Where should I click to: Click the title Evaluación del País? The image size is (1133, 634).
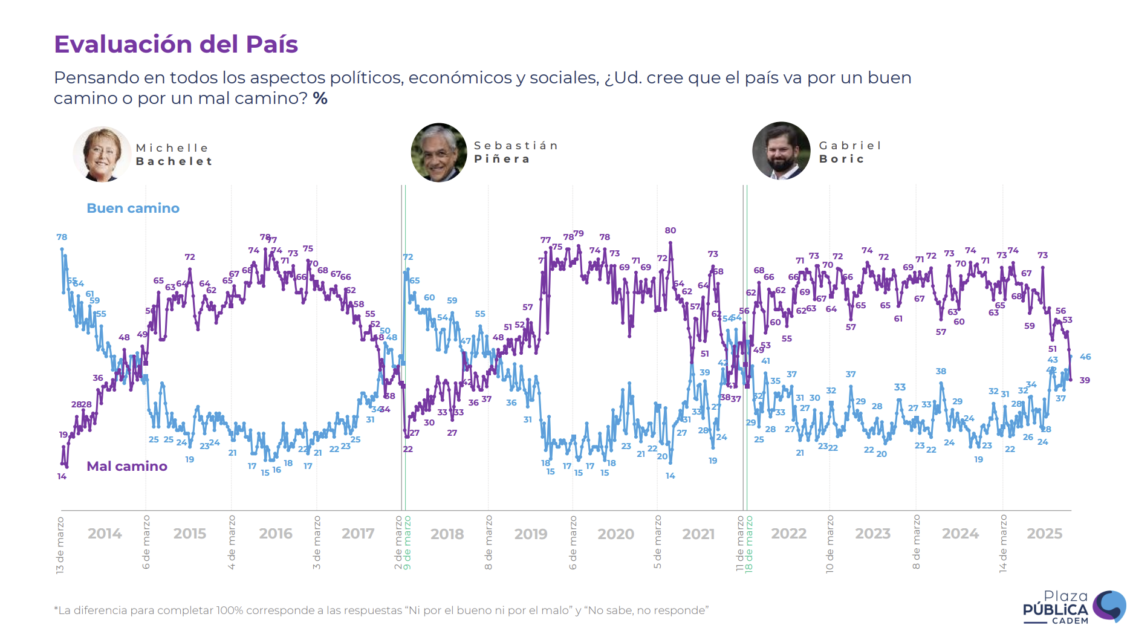(176, 45)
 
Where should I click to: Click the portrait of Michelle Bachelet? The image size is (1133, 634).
(102, 154)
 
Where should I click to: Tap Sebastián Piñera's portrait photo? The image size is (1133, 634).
(439, 153)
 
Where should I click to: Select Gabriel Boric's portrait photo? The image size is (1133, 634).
(781, 151)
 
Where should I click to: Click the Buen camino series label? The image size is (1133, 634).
(133, 209)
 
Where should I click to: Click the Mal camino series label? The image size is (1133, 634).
(127, 467)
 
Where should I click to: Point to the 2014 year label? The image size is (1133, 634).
(105, 534)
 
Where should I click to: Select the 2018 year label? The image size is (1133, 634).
(447, 534)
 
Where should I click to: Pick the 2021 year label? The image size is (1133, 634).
(698, 534)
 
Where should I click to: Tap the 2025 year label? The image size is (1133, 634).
(1044, 534)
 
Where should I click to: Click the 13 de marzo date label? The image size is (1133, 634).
(60, 545)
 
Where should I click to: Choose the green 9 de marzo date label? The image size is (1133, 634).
(407, 542)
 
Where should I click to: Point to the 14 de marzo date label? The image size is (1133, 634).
(1003, 543)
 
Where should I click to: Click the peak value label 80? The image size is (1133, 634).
(670, 230)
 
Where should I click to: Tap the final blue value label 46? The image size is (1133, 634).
(1085, 357)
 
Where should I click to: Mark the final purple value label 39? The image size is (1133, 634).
(1085, 380)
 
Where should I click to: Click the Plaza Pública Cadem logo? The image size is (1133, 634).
(1073, 606)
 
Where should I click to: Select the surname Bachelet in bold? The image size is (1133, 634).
(174, 161)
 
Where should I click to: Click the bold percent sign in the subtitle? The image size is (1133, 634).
(320, 99)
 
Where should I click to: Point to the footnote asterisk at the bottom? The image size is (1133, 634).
(56, 609)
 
